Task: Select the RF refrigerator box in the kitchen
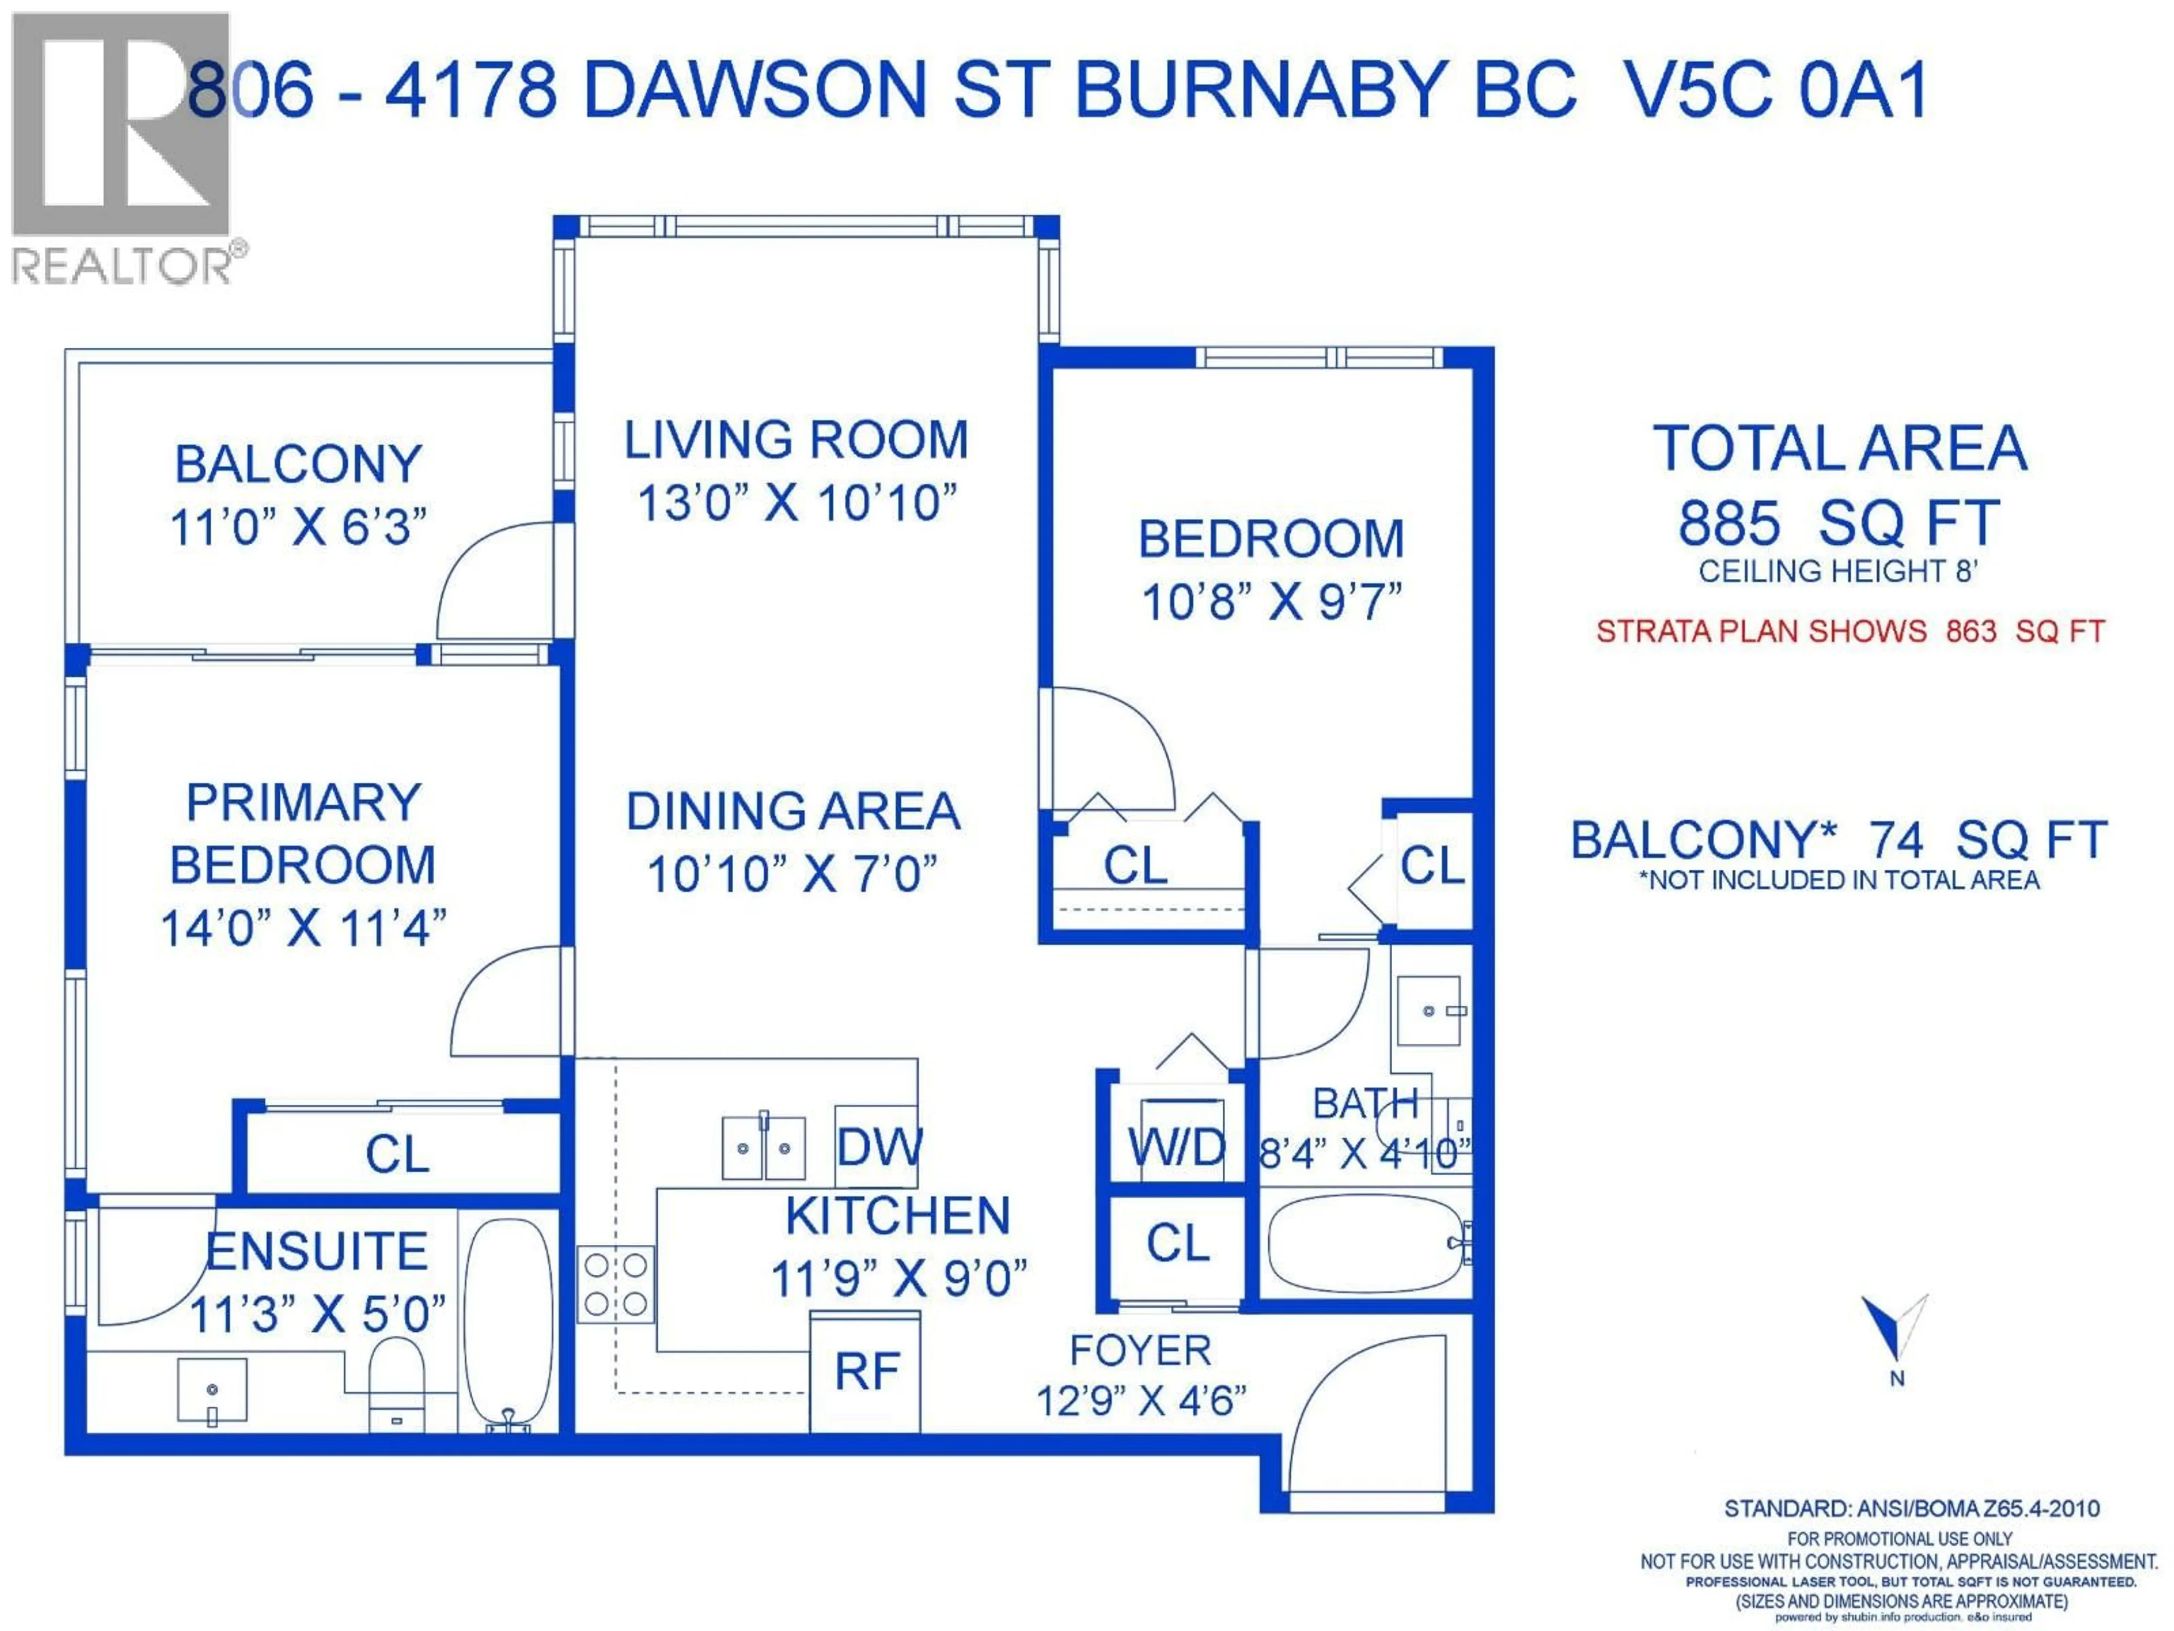coord(865,1372)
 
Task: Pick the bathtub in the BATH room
coord(1366,1244)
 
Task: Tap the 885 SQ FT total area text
coord(1838,523)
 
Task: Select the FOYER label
coord(1140,1351)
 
